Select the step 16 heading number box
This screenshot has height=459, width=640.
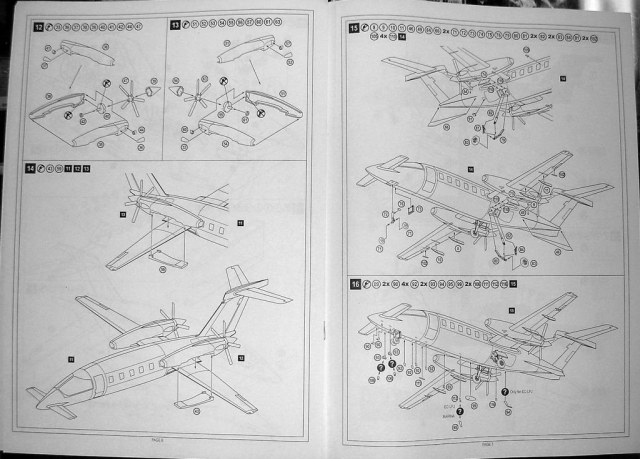[355, 284]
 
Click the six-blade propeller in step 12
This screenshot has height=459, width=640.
[128, 98]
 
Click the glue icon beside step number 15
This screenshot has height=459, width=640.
[367, 28]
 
